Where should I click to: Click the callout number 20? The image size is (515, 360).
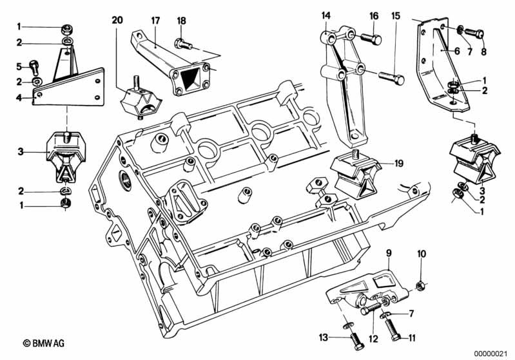[117, 21]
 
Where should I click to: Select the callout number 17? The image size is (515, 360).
[155, 21]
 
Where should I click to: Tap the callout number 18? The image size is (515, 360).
[181, 21]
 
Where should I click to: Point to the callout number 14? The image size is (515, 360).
[326, 15]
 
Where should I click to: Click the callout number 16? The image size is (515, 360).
[374, 15]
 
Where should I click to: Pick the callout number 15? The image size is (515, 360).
[396, 15]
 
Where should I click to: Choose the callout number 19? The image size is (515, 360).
[399, 163]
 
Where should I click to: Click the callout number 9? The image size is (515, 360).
[389, 252]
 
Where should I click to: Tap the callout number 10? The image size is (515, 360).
[422, 254]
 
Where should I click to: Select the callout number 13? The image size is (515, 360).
[324, 337]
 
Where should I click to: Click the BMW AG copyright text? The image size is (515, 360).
[44, 343]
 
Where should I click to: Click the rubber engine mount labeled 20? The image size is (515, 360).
[141, 100]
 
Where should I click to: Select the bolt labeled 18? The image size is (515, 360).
[183, 44]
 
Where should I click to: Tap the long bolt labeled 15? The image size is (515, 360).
[391, 78]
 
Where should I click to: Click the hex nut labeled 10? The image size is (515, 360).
[420, 286]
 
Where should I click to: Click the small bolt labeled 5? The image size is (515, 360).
[34, 68]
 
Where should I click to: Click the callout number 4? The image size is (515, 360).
[19, 97]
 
